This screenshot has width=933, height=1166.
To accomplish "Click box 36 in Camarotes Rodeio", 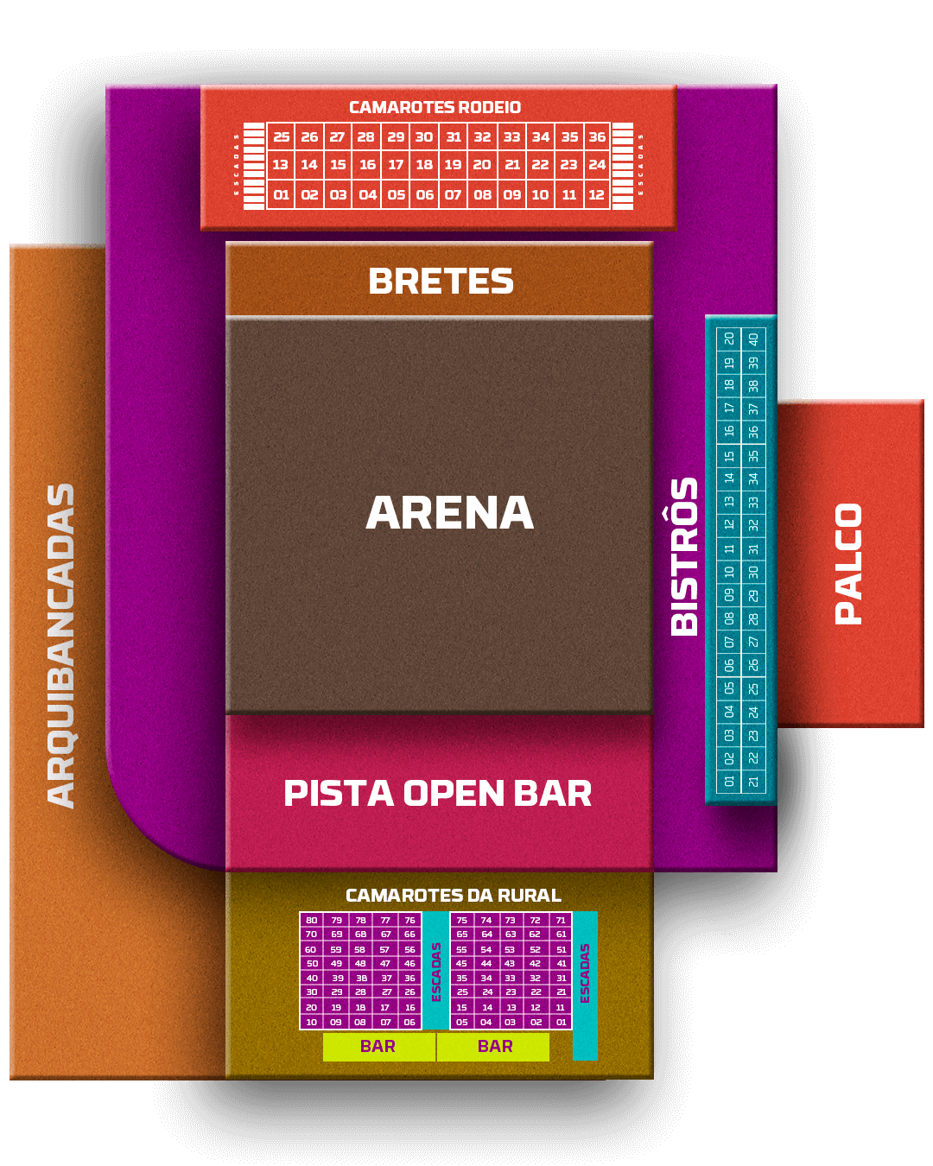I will click(x=597, y=136).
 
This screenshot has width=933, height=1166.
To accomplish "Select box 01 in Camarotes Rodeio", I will click(x=281, y=195).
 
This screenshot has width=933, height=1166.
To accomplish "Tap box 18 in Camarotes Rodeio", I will click(x=424, y=165).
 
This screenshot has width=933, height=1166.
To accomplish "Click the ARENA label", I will click(x=449, y=513).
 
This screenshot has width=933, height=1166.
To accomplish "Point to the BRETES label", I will click(x=441, y=282).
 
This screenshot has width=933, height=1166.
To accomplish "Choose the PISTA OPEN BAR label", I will click(x=438, y=794).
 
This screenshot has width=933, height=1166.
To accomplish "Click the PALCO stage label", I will click(x=849, y=563).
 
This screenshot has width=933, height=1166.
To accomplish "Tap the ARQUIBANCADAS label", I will click(x=61, y=645).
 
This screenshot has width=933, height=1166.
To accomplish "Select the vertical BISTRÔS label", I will click(x=685, y=556).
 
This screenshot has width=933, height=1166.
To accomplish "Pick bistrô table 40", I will click(x=753, y=339).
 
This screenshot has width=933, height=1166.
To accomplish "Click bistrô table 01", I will click(x=729, y=781).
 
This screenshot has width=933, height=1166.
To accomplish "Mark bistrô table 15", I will click(x=729, y=455).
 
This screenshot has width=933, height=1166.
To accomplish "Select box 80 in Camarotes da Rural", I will click(x=312, y=920).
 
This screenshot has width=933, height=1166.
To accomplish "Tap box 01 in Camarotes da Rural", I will click(x=562, y=1022).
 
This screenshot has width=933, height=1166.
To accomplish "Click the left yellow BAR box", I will click(x=378, y=1047).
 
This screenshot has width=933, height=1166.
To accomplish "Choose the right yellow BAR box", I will click(x=494, y=1047).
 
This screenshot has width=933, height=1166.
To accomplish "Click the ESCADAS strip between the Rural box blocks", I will click(x=436, y=971).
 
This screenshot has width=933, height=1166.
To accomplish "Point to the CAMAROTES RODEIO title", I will click(x=435, y=107).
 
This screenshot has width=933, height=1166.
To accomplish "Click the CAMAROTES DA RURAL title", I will click(x=453, y=896).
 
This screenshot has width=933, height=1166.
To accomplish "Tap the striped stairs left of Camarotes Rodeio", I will click(x=254, y=166).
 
